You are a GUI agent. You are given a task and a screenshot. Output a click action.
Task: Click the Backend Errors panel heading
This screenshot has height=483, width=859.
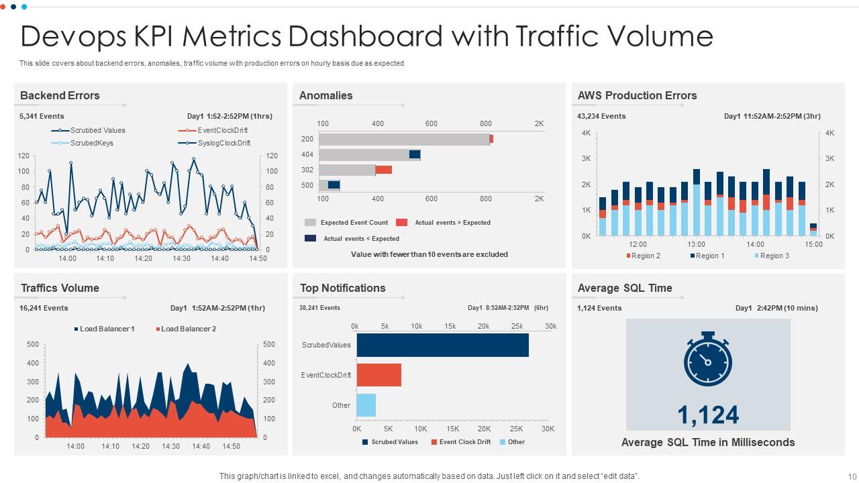coord(60,95)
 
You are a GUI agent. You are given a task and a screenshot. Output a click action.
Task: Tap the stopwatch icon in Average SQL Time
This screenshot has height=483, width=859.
coord(707,360)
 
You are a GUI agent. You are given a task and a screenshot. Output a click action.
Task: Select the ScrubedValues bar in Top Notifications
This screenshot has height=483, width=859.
coord(442,345)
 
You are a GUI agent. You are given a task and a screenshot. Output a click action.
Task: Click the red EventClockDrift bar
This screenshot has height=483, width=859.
coord(378,375)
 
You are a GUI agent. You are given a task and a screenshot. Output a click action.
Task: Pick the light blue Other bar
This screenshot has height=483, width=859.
coord(366,405)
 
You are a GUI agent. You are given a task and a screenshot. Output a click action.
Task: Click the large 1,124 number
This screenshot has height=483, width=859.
coord(708,415)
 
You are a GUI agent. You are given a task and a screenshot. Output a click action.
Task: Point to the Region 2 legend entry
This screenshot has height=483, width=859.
coord(644,256)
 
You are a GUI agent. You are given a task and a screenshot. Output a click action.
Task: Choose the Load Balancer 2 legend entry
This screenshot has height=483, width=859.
coord(186,329)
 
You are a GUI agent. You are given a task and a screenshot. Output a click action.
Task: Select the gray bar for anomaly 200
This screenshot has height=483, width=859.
coord(404,139)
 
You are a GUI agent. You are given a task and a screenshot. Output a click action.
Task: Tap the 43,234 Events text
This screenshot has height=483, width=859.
coord(601,116)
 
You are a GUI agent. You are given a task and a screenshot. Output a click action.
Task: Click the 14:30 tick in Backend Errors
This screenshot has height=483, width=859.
coord(181,258)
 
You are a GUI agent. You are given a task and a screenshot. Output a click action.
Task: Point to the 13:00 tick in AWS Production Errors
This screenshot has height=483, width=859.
coord(697,245)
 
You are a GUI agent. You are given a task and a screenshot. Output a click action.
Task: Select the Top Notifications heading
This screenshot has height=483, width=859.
coord(342,288)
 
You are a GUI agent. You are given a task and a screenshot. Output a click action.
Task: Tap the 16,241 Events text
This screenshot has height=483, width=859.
coord(44,308)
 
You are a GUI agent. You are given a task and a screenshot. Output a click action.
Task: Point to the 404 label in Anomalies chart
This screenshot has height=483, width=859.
coord(307,154)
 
